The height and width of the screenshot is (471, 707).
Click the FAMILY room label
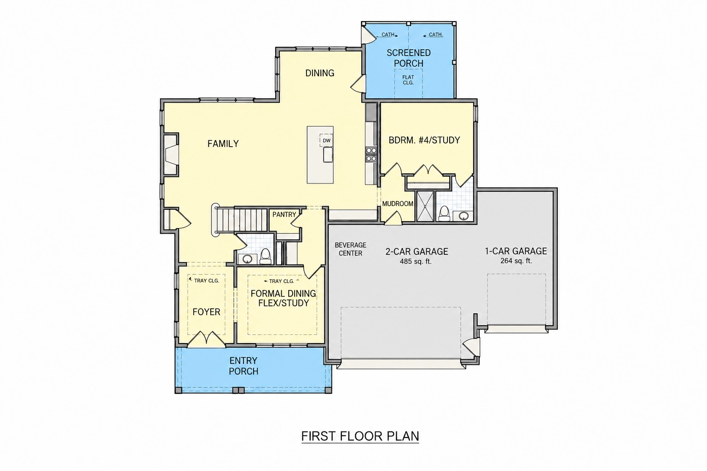223,144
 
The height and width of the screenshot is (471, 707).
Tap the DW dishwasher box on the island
326,140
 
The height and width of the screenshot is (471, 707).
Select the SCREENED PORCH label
409,58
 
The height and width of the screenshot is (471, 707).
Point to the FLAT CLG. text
408,80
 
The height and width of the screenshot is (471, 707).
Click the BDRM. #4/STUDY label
424,140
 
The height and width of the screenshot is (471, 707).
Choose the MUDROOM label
398,204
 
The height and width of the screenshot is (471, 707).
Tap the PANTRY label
284,214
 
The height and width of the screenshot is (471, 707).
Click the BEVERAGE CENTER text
350,249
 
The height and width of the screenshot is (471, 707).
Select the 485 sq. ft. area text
415,262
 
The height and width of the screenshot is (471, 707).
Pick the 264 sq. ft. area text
516,261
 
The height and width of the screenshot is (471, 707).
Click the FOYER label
206,312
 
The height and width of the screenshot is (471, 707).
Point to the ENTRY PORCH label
243,366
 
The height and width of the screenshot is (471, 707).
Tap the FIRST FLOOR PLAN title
360,436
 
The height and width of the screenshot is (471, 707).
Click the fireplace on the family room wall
171,155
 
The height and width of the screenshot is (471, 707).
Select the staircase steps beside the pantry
244,220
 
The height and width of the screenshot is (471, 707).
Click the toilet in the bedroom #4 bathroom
444,213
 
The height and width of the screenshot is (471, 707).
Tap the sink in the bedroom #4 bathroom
463,216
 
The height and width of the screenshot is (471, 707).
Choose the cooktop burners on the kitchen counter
371,155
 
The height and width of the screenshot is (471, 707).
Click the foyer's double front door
206,339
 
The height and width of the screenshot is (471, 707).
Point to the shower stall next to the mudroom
425,206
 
